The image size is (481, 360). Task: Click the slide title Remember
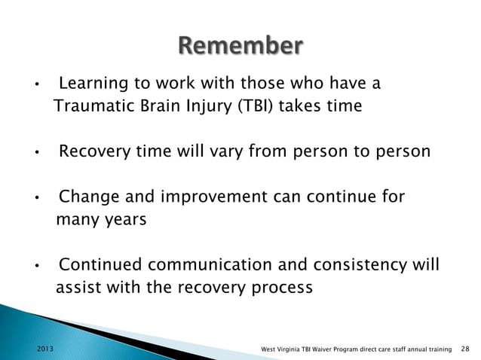[x=240, y=46]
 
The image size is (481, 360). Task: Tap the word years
[x=122, y=221]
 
